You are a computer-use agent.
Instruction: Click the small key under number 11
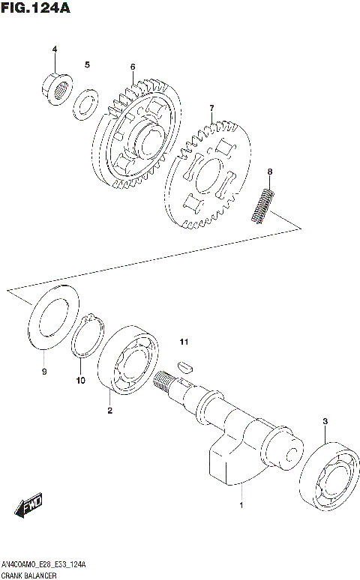pyautogui.click(x=184, y=367)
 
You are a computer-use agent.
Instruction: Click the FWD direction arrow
pyautogui.click(x=29, y=508)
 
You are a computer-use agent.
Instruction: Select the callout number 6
pyautogui.click(x=132, y=67)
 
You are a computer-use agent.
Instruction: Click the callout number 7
pyautogui.click(x=211, y=109)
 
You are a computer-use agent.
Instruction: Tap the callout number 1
pyautogui.click(x=241, y=507)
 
